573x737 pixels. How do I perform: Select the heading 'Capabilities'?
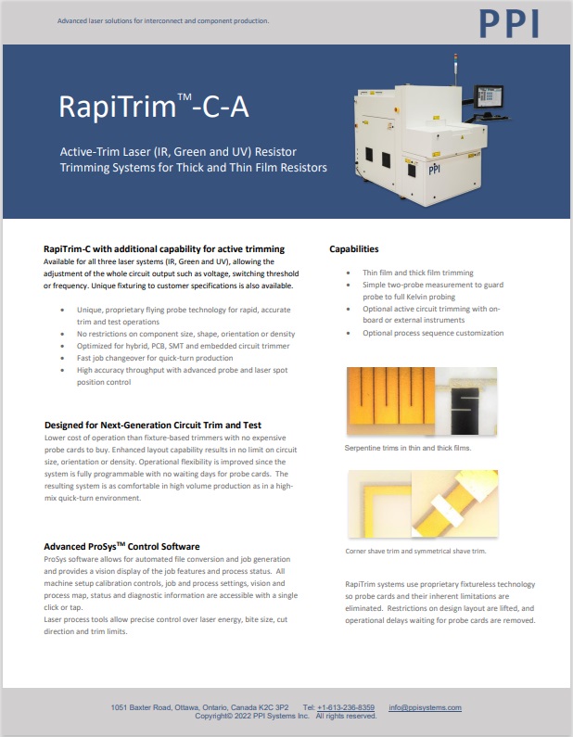354,249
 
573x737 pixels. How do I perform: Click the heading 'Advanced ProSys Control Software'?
121,547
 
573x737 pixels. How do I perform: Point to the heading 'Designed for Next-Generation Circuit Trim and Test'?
153,426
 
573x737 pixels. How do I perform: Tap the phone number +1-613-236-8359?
346,707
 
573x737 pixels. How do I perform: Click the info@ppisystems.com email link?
425,707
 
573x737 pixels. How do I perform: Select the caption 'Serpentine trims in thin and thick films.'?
408,448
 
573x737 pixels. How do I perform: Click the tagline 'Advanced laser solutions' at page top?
163,19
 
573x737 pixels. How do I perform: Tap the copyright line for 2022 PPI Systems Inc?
286,716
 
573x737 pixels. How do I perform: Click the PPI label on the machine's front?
435,170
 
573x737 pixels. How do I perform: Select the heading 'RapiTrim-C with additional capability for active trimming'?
164,249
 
